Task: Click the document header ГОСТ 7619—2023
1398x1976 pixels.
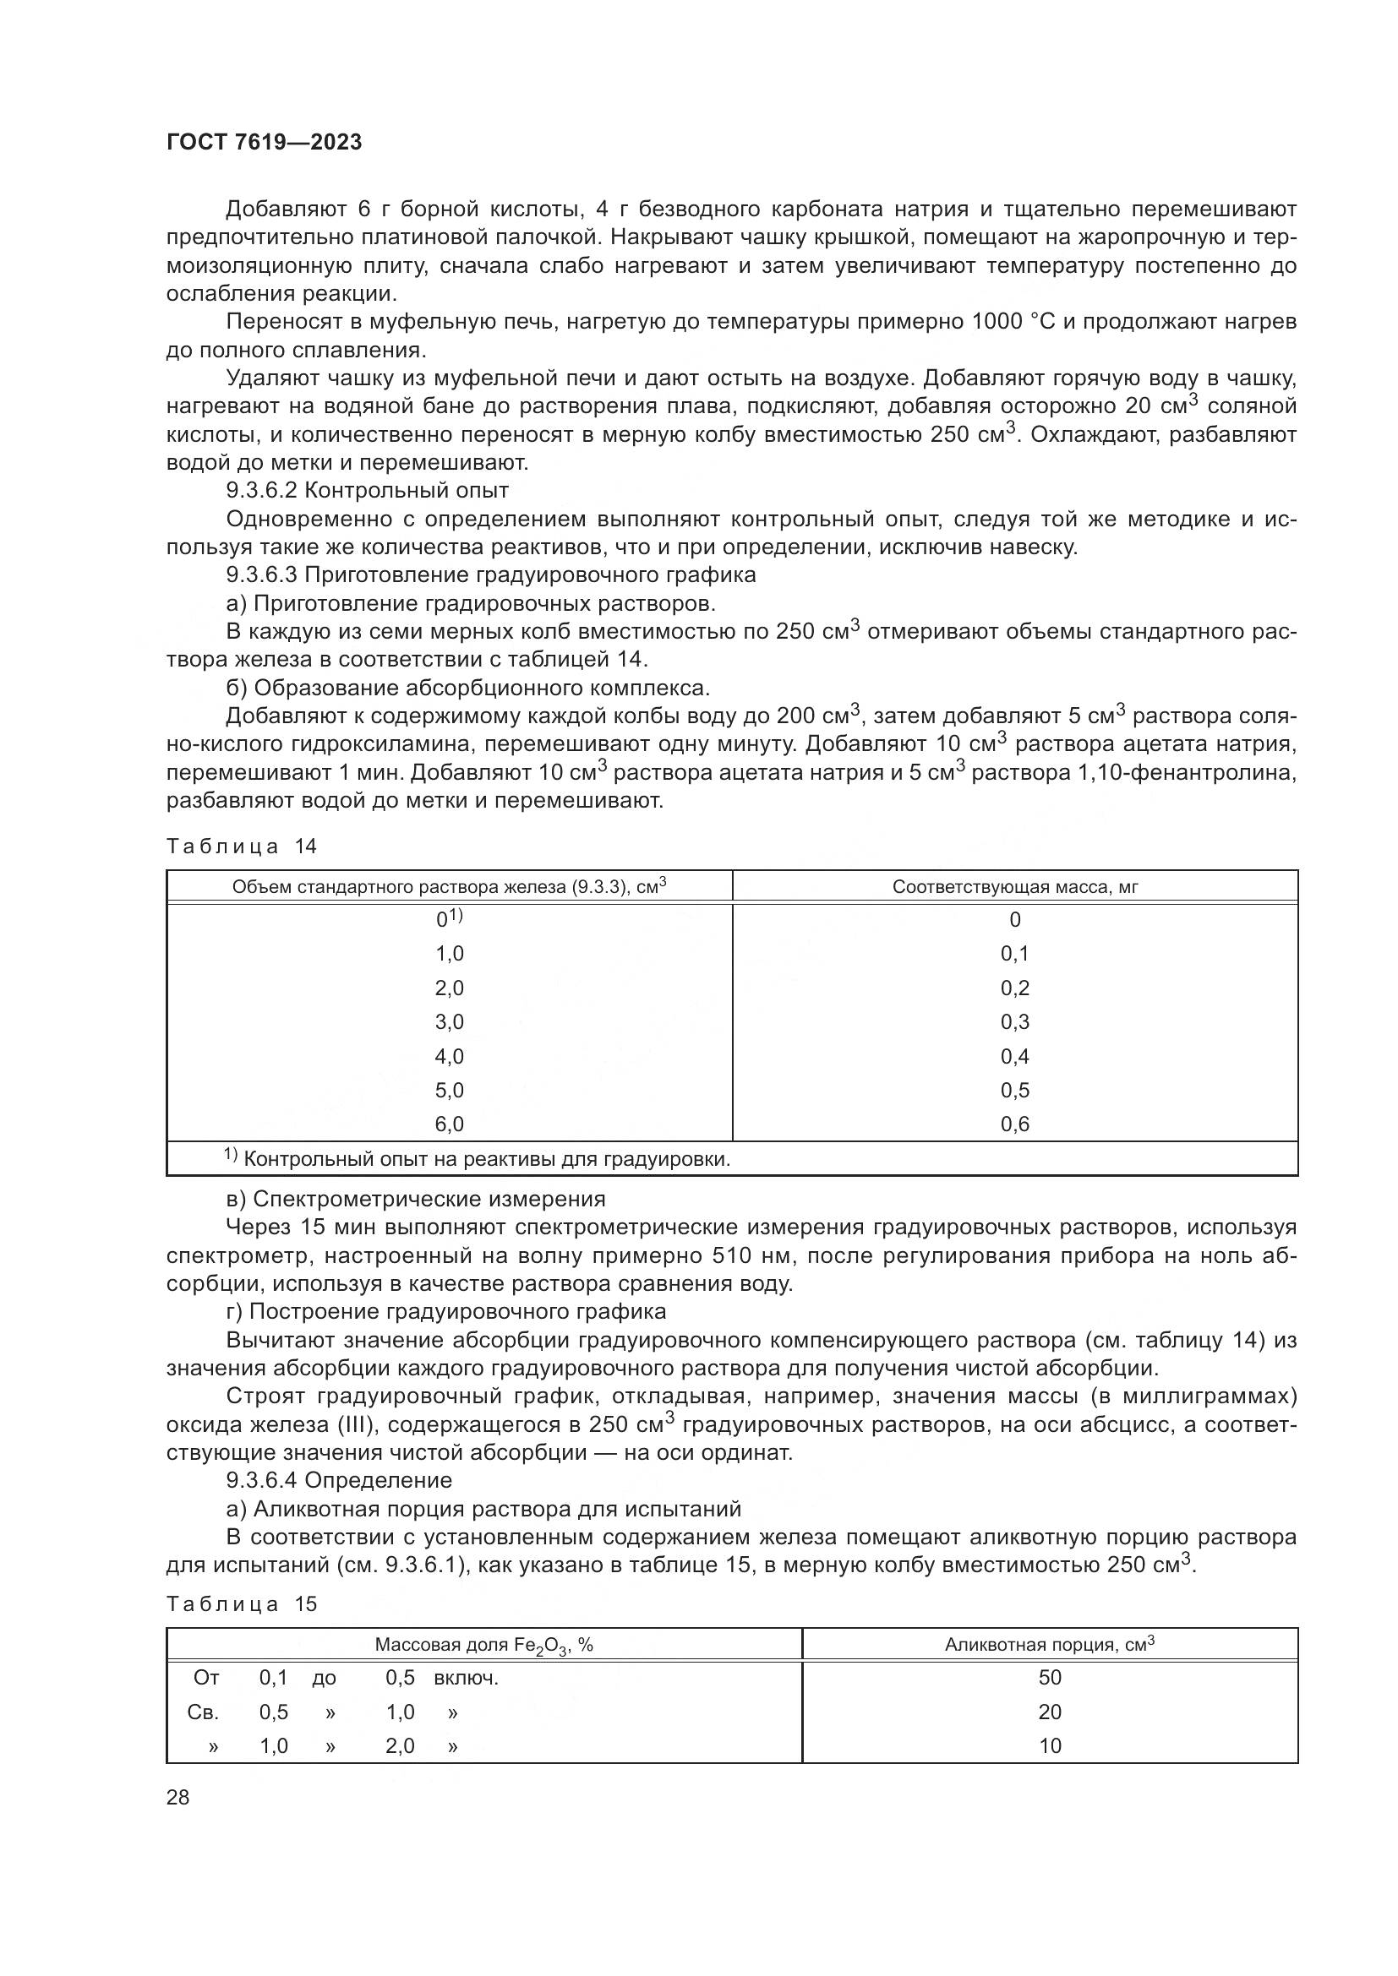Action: point(265,142)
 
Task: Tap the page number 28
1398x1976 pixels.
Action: point(178,1797)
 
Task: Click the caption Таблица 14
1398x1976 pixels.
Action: point(242,846)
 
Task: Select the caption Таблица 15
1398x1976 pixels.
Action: point(242,1604)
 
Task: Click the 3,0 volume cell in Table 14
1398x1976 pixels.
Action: point(450,1022)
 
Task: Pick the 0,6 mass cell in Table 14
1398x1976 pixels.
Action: point(1015,1124)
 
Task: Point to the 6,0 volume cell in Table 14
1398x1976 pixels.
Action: point(450,1124)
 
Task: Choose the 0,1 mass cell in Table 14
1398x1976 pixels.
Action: point(1015,954)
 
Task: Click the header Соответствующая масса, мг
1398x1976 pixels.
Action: point(1015,887)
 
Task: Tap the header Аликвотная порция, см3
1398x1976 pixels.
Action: point(1050,1645)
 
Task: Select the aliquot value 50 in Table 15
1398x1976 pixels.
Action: point(1051,1679)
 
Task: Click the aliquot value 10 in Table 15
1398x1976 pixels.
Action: point(1051,1746)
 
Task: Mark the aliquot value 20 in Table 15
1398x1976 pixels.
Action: point(1051,1712)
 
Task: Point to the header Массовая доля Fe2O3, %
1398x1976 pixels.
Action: point(483,1646)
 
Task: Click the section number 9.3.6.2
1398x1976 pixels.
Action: point(263,491)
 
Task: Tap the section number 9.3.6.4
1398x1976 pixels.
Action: point(263,1480)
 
